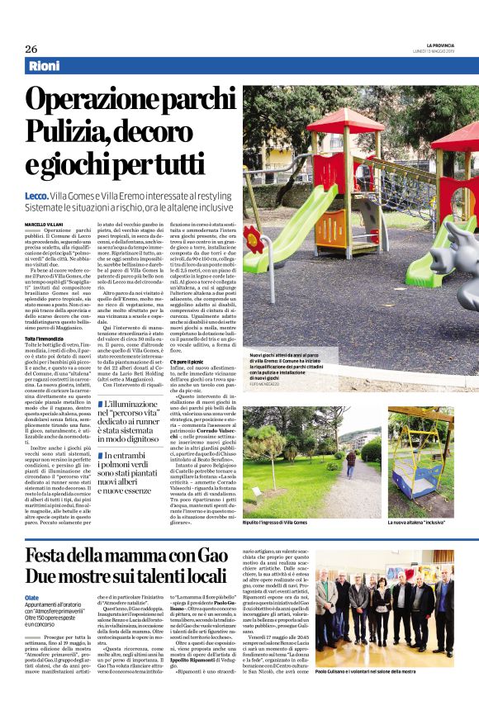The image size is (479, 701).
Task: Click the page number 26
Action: [31, 49]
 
